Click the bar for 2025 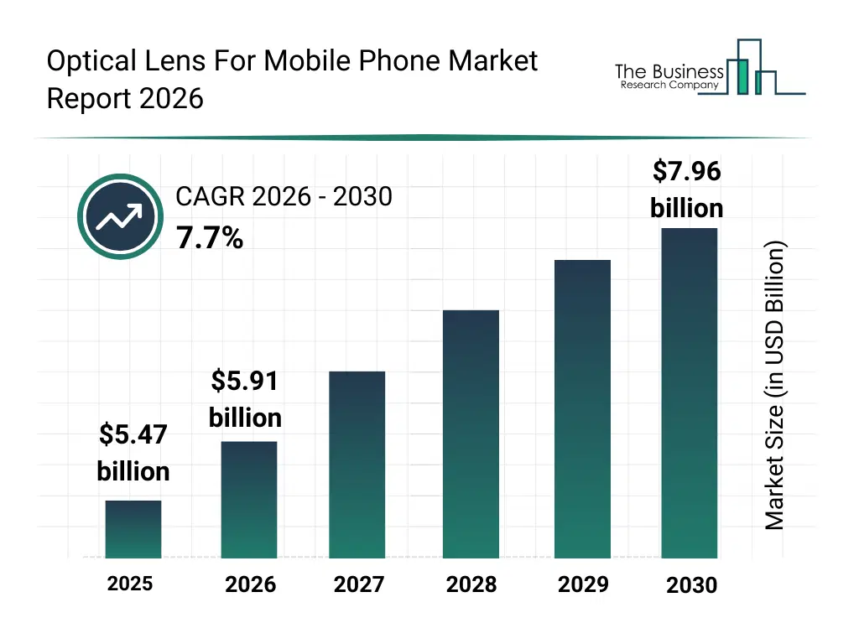tap(133, 529)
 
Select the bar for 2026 tap(249, 500)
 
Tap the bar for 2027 tap(357, 465)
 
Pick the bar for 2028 tap(471, 434)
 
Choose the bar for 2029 tap(583, 409)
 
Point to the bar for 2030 tap(690, 393)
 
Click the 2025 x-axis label tap(130, 583)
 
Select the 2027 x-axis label tap(358, 584)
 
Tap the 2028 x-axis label tap(471, 584)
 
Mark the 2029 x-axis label tap(583, 584)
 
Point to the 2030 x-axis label tap(691, 585)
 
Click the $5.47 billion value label tap(133, 453)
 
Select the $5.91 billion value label tap(245, 399)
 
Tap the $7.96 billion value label tap(686, 190)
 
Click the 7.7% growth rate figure tap(210, 239)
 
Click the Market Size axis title tap(775, 386)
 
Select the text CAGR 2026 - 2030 tap(284, 197)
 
